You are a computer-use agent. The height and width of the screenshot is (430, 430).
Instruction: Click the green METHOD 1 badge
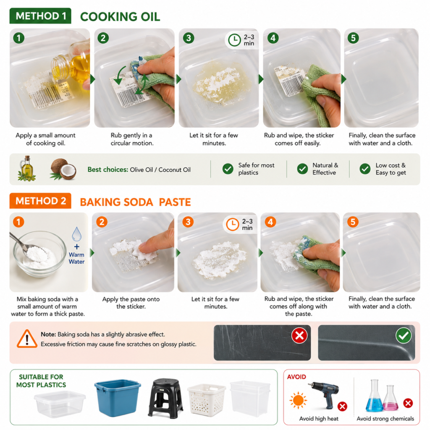[x=40, y=16]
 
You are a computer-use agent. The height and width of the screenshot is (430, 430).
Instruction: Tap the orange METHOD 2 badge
[x=40, y=201]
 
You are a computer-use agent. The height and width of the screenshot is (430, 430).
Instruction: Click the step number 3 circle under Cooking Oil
[x=189, y=38]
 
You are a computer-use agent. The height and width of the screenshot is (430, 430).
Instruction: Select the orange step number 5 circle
[x=353, y=222]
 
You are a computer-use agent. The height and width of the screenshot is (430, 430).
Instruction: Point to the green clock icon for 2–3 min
[x=234, y=40]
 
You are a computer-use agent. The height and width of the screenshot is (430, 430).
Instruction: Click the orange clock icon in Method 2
[x=233, y=224]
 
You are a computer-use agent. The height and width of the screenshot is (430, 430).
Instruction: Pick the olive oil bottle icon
[x=26, y=169]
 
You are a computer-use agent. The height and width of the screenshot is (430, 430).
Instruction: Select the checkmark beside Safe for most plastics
[x=228, y=169]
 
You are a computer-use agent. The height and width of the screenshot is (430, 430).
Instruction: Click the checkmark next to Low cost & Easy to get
[x=365, y=169]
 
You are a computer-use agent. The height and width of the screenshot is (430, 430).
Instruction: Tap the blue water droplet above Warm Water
[x=76, y=234]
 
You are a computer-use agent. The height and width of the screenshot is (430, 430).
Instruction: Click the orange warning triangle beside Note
[x=27, y=339]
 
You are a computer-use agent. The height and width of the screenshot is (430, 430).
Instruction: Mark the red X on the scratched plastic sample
[x=299, y=335]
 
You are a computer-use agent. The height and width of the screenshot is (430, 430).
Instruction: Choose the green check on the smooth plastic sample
[x=404, y=335]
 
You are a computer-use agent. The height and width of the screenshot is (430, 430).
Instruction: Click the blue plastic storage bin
[x=118, y=398]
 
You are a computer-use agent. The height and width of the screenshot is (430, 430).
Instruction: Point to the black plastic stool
[x=165, y=398]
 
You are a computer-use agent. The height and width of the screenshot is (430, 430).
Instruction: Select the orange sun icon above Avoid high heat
[x=298, y=400]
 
